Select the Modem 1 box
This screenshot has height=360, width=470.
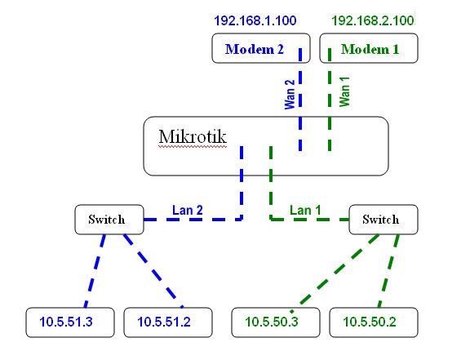(x=369, y=48)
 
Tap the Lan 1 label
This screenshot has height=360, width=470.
(x=305, y=210)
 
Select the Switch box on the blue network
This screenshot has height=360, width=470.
(x=106, y=219)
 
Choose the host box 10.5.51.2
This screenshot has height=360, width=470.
(x=167, y=322)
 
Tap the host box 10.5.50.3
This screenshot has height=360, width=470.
(x=276, y=322)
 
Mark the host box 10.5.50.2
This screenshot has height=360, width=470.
(x=373, y=322)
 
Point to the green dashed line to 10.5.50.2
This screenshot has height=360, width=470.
(x=388, y=269)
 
